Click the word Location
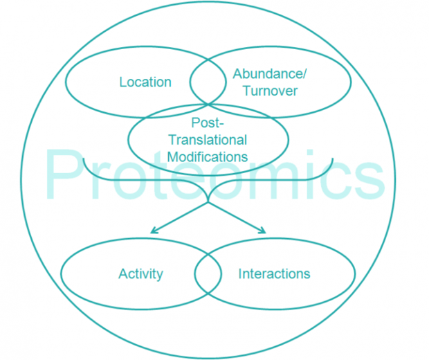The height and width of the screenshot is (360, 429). pyautogui.click(x=145, y=82)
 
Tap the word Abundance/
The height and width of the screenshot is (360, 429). pyautogui.click(x=270, y=73)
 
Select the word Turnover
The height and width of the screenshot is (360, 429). pyautogui.click(x=270, y=91)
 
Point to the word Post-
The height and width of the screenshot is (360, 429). pyautogui.click(x=208, y=123)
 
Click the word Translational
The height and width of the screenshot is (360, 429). pyautogui.click(x=208, y=140)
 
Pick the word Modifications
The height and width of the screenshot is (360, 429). pyautogui.click(x=208, y=157)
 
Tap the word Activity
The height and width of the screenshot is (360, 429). pyautogui.click(x=141, y=274)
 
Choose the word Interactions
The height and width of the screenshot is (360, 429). pyautogui.click(x=274, y=273)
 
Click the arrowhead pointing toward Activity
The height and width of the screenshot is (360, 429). pyautogui.click(x=153, y=231)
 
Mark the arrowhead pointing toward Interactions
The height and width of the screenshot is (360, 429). pyautogui.click(x=263, y=231)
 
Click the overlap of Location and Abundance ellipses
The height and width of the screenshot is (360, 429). pyautogui.click(x=208, y=82)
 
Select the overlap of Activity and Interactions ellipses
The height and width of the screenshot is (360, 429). pyautogui.click(x=208, y=273)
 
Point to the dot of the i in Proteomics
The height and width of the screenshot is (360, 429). pyautogui.click(x=309, y=153)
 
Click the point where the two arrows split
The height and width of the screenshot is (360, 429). pyautogui.click(x=208, y=203)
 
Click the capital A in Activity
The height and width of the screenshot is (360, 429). pyautogui.click(x=123, y=273)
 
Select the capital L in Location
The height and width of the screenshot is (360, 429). pyautogui.click(x=123, y=82)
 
